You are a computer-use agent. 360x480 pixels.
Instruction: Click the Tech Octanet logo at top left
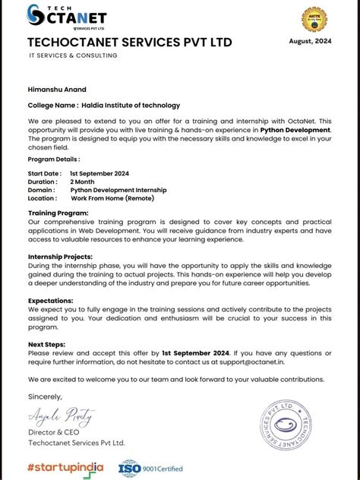coord(67,16)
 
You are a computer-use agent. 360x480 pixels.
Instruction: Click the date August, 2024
coord(311,41)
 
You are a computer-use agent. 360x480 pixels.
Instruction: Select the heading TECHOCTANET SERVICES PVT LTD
coord(130,42)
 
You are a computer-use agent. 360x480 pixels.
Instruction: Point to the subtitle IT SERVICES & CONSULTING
coord(73,55)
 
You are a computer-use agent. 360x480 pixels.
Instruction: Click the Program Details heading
coord(54,159)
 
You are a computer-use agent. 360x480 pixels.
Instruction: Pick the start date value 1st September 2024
coord(99,173)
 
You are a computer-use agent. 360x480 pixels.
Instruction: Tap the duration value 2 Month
coord(83,182)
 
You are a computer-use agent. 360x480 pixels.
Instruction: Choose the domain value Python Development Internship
coord(124,190)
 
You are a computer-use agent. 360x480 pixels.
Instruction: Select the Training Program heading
coord(58,213)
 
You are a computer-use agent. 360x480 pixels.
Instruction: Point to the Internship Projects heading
coord(62,257)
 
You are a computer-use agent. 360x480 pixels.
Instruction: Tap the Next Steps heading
coord(47,344)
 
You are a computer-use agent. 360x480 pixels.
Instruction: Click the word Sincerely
coord(45,396)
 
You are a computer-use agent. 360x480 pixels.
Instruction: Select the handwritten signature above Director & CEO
coord(62,415)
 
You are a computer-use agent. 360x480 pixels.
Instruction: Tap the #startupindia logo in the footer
coord(65,467)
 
